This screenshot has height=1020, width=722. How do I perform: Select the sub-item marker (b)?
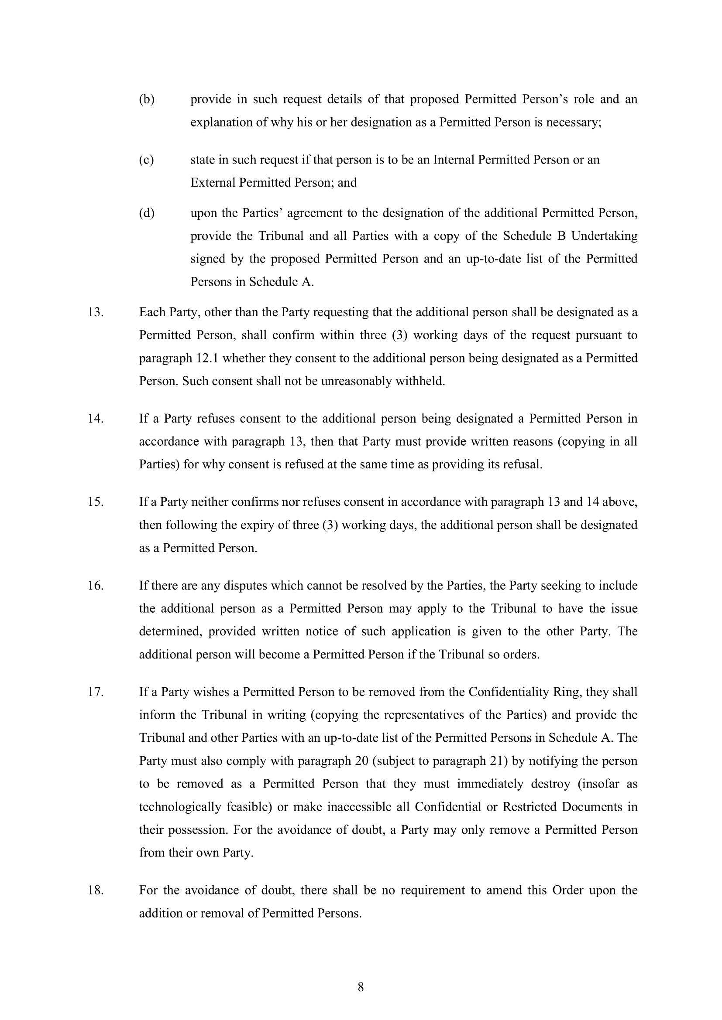click(x=147, y=99)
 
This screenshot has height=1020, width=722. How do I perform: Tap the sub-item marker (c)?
click(x=146, y=160)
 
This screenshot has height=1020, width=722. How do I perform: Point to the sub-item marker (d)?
click(x=147, y=213)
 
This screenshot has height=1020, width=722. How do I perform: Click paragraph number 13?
click(x=96, y=312)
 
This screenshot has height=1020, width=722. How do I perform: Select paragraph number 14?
click(x=96, y=419)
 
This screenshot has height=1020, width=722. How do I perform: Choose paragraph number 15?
click(x=96, y=501)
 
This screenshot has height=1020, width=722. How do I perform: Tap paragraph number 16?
click(x=96, y=585)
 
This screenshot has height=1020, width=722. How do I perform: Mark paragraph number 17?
click(x=96, y=692)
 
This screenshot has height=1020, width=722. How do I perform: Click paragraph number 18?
click(x=96, y=890)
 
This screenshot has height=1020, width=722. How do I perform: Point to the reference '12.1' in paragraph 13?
click(x=207, y=358)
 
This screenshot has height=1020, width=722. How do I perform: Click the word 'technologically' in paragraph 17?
click(x=179, y=806)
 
